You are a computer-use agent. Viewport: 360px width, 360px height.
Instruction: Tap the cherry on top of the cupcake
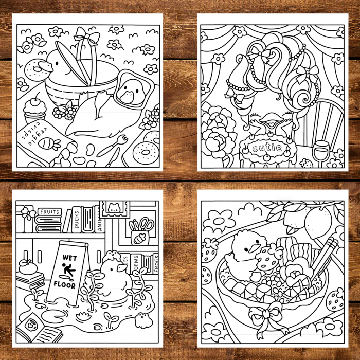coord(35,98)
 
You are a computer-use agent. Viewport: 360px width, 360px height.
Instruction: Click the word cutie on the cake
coord(267,149)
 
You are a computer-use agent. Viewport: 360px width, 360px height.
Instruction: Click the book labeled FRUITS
coord(49,211)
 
